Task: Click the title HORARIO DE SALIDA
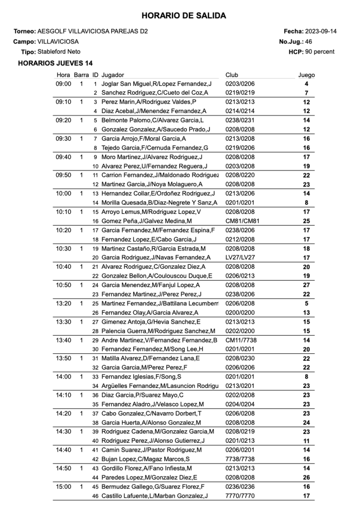tap(183, 16)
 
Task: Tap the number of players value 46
tap(308, 42)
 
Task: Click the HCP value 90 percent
tap(319, 51)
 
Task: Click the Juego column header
tap(306, 75)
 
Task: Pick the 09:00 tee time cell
tap(64, 84)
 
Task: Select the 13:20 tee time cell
tap(64, 303)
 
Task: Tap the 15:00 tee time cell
tap(64, 487)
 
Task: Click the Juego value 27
tap(307, 285)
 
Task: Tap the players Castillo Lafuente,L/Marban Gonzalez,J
tap(154, 496)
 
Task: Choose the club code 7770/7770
tap(240, 496)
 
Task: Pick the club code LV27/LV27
tap(240, 257)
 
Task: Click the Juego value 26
tap(307, 477)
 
